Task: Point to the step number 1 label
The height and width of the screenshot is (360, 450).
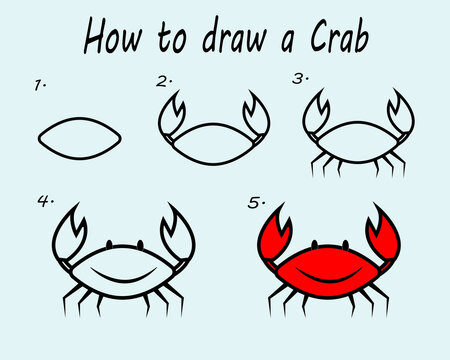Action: pos(40,86)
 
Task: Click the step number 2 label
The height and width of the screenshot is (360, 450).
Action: pos(164,80)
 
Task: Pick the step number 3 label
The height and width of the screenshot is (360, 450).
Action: pos(298,78)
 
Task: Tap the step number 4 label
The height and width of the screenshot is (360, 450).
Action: pos(45,201)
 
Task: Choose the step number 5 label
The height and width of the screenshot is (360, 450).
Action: pos(257,202)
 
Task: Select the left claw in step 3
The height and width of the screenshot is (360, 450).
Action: pos(316,110)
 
